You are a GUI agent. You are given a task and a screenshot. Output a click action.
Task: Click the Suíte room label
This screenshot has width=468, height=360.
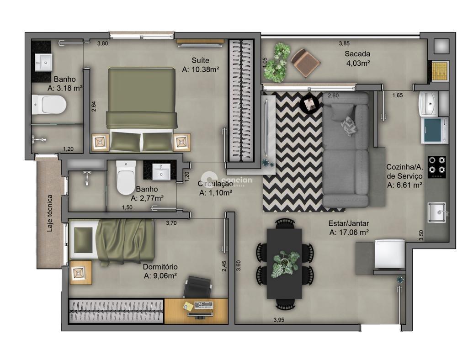tap(200, 60)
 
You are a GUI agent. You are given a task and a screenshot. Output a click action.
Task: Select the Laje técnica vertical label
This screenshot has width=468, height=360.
tap(50, 213)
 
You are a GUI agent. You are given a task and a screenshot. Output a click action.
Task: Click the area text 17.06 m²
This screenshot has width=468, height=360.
tap(349, 233)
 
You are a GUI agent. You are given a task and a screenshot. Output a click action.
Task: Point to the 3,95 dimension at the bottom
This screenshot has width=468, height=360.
tap(279, 320)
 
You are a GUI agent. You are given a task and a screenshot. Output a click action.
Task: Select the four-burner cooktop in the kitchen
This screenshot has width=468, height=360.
tap(437, 164)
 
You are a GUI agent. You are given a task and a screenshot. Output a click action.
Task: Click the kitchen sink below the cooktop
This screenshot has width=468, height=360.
tap(437, 212)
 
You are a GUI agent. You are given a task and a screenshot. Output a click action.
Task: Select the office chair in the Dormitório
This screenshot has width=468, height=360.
tap(198, 286)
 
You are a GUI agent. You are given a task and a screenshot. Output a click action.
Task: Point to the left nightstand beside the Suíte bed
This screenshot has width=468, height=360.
tap(100, 142)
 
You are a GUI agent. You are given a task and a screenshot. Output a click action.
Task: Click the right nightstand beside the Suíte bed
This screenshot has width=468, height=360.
tap(182, 142)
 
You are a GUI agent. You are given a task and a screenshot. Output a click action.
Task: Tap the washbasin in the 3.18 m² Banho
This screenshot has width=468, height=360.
tap(44, 61)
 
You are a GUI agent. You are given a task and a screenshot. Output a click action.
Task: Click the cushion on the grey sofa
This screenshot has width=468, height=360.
tap(350, 126)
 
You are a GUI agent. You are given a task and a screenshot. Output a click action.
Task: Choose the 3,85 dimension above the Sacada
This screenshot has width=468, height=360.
tap(344, 43)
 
